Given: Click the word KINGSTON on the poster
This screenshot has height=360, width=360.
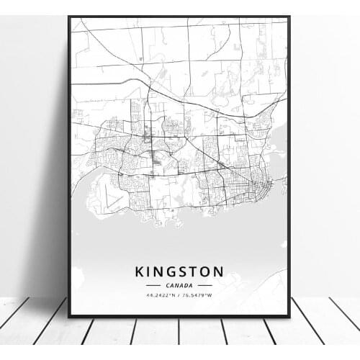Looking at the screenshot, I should point(179,271).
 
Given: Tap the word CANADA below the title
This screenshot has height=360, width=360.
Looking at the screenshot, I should point(179,285).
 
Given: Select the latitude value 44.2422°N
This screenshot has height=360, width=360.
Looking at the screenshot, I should point(160,295).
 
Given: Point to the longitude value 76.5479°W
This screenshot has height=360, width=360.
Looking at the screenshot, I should point(198,295).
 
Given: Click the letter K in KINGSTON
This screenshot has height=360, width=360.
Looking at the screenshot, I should point(138,271).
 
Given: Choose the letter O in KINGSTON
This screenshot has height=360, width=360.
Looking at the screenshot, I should point(207,271).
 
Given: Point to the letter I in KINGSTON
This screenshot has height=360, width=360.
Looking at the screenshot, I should point(148,271).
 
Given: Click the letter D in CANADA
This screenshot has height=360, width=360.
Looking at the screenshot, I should point(186,285).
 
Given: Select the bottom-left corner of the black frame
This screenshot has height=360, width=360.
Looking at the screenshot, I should point(70,316).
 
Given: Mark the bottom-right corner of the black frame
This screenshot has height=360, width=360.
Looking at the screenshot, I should point(289,316).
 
